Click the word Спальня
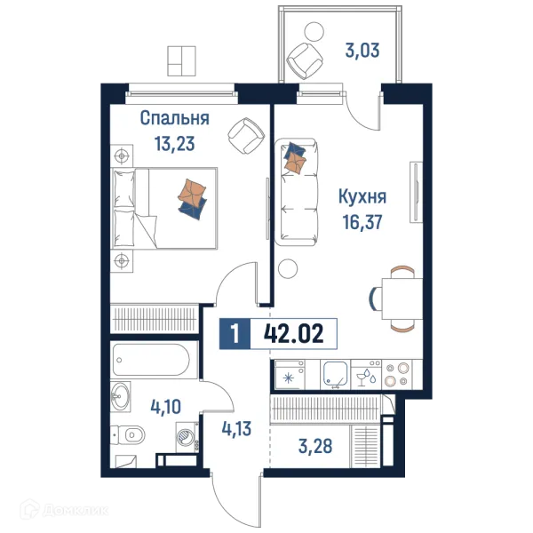pyautogui.click(x=174, y=119)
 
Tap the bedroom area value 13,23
pyautogui.click(x=174, y=143)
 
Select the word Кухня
pyautogui.click(x=362, y=197)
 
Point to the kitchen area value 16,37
pyautogui.click(x=362, y=222)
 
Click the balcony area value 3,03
pyautogui.click(x=362, y=51)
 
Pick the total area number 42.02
pyautogui.click(x=294, y=333)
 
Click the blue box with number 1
pyautogui.click(x=235, y=333)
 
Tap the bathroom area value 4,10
pyautogui.click(x=165, y=407)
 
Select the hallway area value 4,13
pyautogui.click(x=236, y=429)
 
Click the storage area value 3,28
pyautogui.click(x=315, y=446)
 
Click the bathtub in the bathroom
pyautogui.click(x=151, y=360)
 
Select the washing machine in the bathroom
pyautogui.click(x=187, y=437)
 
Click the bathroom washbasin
pyautogui.click(x=120, y=396)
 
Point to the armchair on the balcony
pyautogui.click(x=305, y=60)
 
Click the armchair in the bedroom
pyautogui.click(x=246, y=136)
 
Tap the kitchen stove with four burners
pyautogui.click(x=397, y=375)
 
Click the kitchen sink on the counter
pyautogui.click(x=336, y=375)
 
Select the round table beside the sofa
pyautogui.click(x=288, y=268)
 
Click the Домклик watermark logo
pyautogui.click(x=64, y=510)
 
